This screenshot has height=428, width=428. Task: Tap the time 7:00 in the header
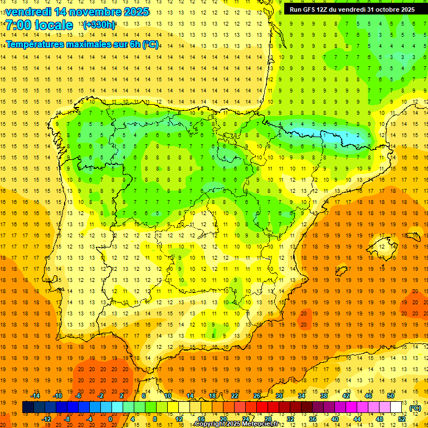(x=20, y=25)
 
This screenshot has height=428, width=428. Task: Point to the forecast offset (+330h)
(x=99, y=25)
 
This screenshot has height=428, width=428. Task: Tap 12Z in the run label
(x=324, y=9)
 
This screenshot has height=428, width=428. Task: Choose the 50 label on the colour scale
(x=391, y=396)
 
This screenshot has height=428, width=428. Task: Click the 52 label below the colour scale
(x=402, y=419)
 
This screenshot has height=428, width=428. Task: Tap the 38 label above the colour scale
(x=324, y=396)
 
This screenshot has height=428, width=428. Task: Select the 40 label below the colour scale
(x=335, y=419)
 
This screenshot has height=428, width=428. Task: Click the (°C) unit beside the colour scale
(x=415, y=408)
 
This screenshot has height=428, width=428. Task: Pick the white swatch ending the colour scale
(x=396, y=407)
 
